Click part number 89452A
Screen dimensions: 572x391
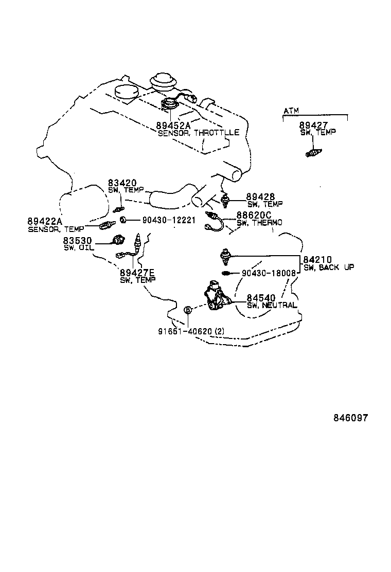(173, 125)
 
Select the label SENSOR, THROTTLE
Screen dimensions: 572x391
(198, 133)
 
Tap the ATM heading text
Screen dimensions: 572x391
(291, 111)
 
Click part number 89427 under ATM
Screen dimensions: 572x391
(313, 125)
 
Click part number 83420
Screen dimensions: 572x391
(122, 183)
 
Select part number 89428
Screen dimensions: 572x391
(260, 196)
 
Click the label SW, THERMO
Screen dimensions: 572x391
(259, 223)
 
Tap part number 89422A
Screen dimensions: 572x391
(44, 221)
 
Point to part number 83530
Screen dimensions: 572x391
(78, 240)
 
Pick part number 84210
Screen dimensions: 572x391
(318, 260)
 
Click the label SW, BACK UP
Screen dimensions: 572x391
(328, 268)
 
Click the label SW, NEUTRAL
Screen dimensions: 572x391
(272, 305)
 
